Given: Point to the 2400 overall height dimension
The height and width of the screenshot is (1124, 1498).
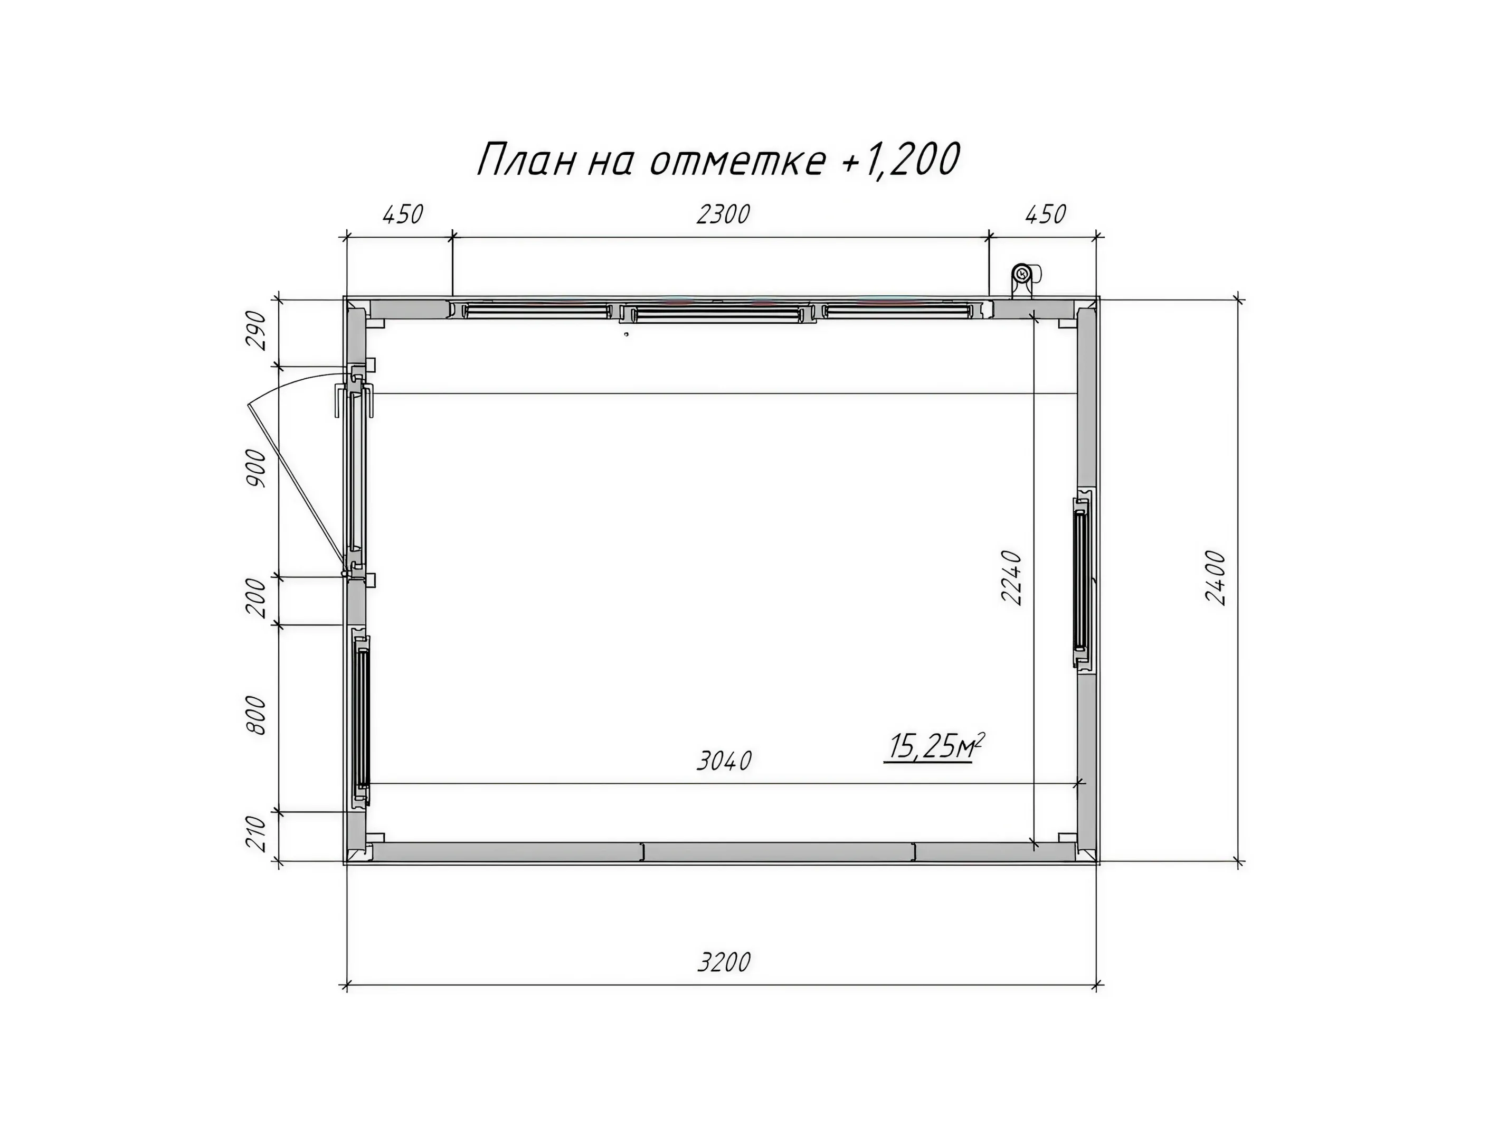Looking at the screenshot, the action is point(1216,577).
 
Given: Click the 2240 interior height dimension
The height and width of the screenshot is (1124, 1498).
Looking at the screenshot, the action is point(1011,577).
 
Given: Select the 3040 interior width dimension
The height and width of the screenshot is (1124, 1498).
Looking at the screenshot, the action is point(724,761).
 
